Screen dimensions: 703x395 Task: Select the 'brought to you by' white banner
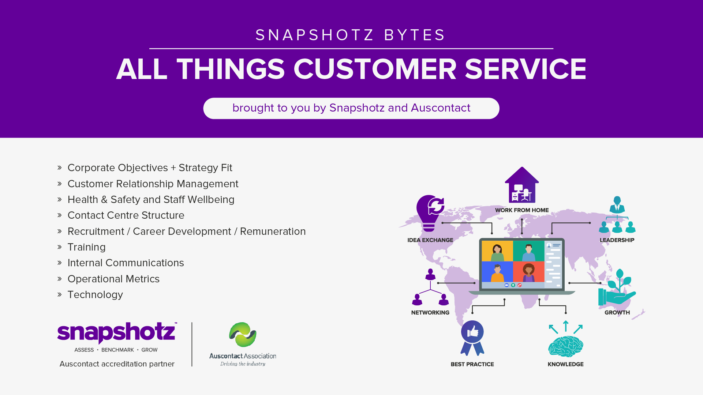(x=351, y=108)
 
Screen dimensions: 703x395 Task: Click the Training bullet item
(x=86, y=247)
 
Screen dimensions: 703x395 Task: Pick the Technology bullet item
(x=95, y=295)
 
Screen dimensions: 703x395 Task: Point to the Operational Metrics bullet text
(x=113, y=279)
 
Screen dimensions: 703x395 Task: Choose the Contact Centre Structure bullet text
(x=126, y=215)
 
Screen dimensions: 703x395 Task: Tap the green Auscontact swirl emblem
(x=243, y=334)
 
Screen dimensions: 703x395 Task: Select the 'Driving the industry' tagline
(x=243, y=364)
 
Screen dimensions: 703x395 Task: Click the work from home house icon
(x=522, y=185)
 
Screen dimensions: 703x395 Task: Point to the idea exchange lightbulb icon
(x=430, y=213)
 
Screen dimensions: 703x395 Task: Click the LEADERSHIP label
(x=617, y=240)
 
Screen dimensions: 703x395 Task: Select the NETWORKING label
(x=430, y=313)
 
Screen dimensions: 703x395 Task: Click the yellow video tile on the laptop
(x=497, y=251)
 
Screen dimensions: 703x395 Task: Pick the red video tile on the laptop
(x=529, y=272)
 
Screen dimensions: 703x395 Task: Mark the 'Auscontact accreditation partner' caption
(x=117, y=364)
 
